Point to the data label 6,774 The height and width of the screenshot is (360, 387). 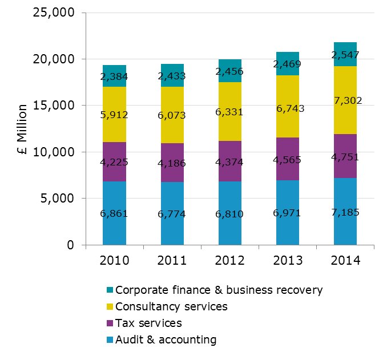tap(172, 215)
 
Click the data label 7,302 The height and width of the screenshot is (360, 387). tap(345, 100)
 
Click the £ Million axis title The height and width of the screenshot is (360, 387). tap(22, 129)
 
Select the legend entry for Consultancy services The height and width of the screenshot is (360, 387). tap(171, 306)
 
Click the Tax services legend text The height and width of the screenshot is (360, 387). tap(148, 323)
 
